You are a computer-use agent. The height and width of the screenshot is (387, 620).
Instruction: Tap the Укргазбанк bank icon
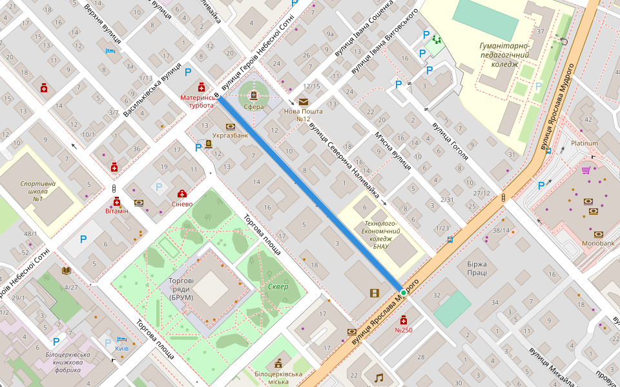tap(231, 126)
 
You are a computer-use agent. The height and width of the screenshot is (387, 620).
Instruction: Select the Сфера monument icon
tap(253, 96)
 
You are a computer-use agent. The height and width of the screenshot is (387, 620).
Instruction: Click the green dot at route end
tap(404, 293)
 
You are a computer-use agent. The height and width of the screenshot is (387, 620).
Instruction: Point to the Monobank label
tap(598, 244)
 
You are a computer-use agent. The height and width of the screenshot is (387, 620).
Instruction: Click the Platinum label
tap(584, 143)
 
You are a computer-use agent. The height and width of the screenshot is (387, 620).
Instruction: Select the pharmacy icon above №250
tap(404, 320)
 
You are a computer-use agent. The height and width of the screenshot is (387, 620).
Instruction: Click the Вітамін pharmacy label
tap(117, 211)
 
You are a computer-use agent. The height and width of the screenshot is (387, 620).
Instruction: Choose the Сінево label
tap(182, 204)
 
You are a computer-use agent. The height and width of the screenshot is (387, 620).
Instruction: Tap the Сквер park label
tap(278, 286)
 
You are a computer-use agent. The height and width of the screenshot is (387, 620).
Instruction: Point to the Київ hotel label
tap(121, 348)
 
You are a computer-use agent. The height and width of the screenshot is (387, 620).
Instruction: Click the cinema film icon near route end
tap(375, 293)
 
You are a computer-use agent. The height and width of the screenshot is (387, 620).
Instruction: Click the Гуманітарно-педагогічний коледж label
tap(504, 55)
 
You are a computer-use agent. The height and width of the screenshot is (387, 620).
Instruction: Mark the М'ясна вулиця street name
tap(393, 150)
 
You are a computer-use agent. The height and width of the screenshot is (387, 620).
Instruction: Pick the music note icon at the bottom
tap(378, 377)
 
